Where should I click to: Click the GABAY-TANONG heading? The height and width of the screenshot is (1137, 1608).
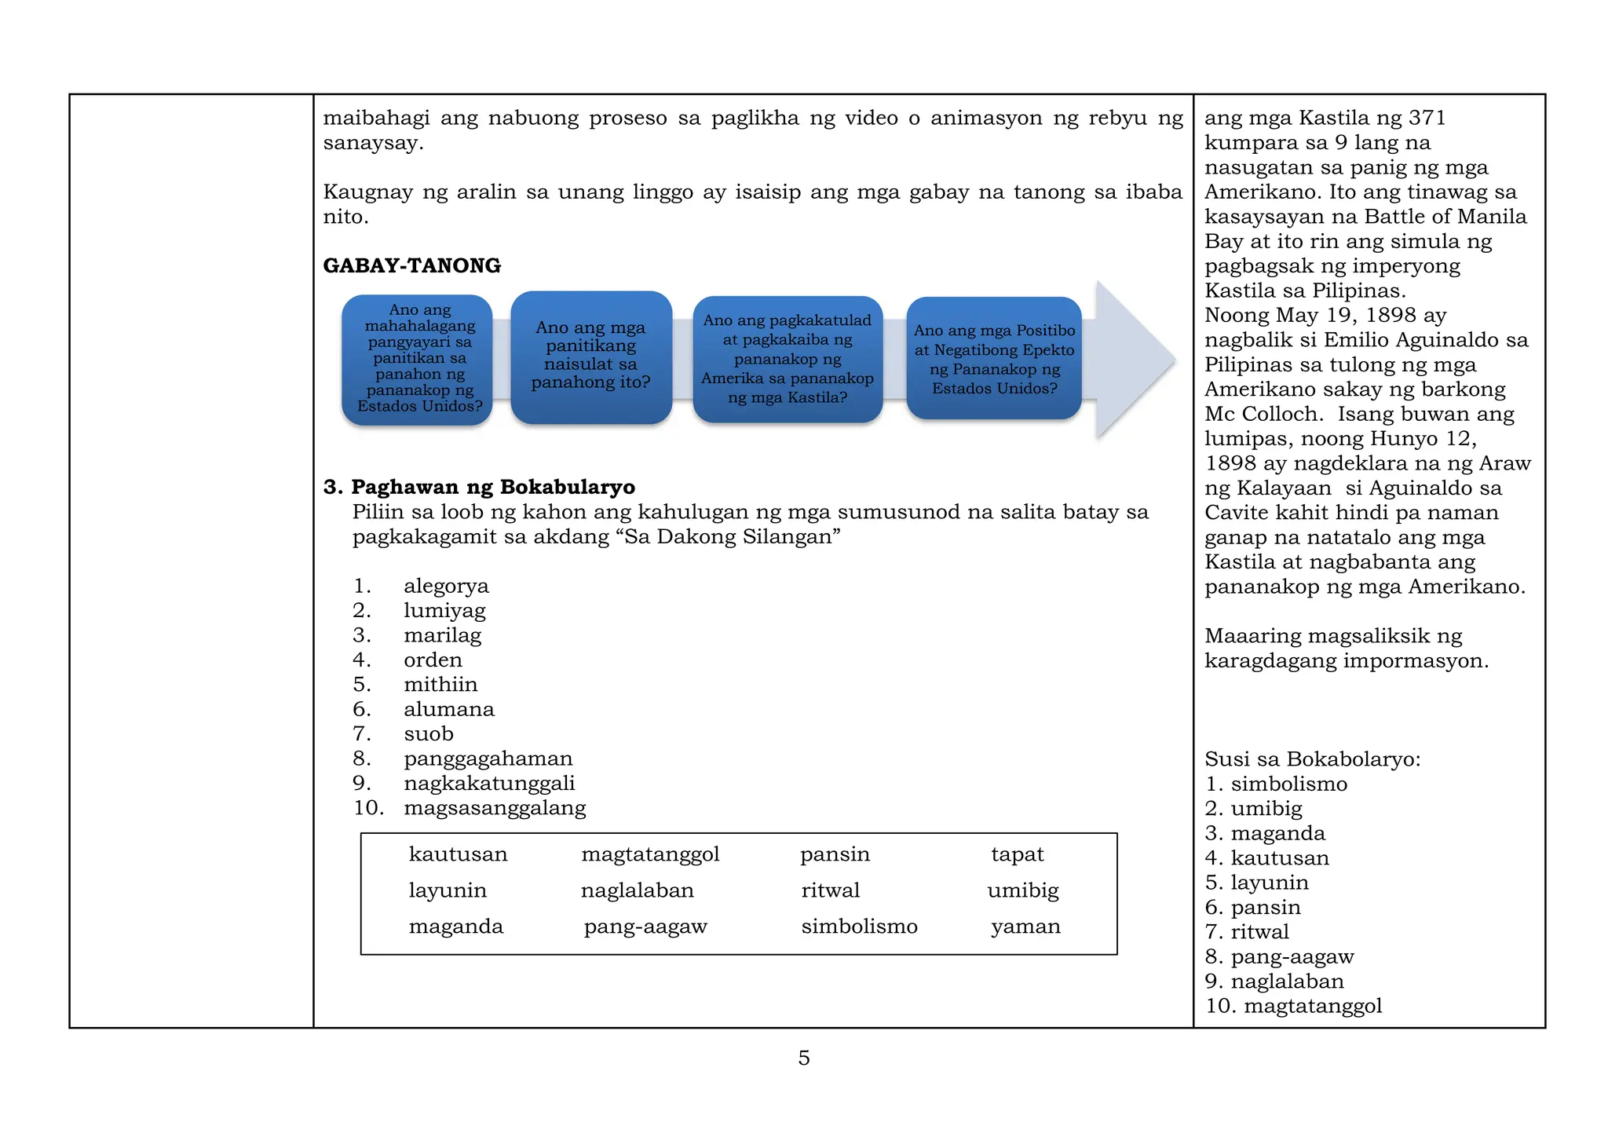point(411,265)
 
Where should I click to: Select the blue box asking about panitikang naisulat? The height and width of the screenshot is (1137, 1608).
point(590,357)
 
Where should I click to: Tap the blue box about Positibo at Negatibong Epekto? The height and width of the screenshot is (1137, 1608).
point(994,359)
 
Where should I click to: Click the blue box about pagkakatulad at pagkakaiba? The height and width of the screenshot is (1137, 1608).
point(788,359)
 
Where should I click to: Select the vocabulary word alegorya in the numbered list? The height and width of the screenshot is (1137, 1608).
point(446,586)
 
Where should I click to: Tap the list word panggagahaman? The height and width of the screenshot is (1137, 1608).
point(488,759)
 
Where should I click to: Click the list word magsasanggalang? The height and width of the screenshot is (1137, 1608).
point(495,807)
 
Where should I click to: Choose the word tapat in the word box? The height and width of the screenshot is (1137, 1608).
point(1017,854)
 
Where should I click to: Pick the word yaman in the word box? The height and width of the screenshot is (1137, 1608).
point(1025,927)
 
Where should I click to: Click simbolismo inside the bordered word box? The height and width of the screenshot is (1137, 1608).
point(859,927)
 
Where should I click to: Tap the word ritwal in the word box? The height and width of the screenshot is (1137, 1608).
point(830,890)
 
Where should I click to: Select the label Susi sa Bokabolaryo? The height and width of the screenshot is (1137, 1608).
point(1312,759)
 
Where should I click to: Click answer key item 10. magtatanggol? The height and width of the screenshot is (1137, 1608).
point(1293,1006)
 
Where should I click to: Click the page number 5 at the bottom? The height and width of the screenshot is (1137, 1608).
point(803,1058)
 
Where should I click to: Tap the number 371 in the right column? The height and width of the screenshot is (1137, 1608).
point(1427,118)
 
